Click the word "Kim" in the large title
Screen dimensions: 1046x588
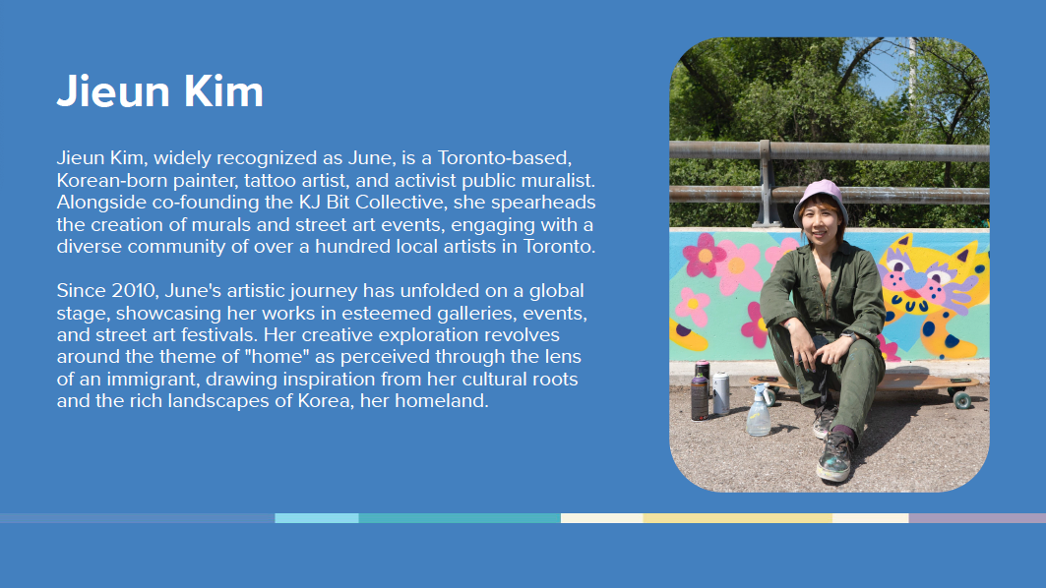pyautogui.click(x=222, y=91)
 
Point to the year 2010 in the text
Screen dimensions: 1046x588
pyautogui.click(x=134, y=291)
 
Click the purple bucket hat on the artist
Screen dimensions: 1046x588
pyautogui.click(x=820, y=200)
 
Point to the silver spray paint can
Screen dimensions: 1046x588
pyautogui.click(x=721, y=393)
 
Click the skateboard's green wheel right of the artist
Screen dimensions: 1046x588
pyautogui.click(x=961, y=400)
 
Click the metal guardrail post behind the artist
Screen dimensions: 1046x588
pyautogui.click(x=766, y=182)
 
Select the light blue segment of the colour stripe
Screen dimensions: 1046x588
pyautogui.click(x=317, y=518)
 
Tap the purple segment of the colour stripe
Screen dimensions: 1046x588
pyautogui.click(x=977, y=518)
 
